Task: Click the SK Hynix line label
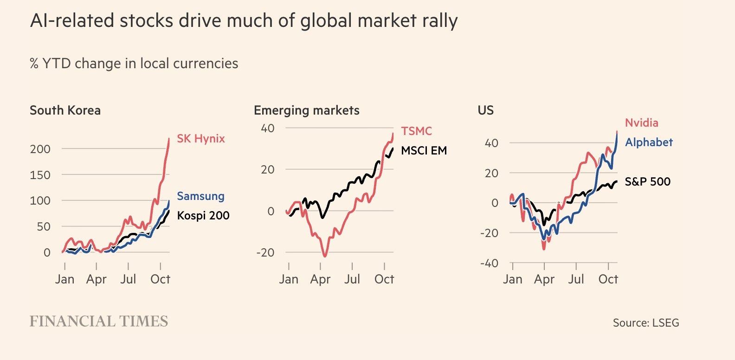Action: point(200,139)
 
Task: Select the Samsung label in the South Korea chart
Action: point(200,196)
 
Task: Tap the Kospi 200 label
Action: point(203,216)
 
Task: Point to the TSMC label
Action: point(416,131)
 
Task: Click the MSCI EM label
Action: point(424,151)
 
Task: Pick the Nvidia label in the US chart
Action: point(641,123)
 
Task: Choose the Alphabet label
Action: point(648,142)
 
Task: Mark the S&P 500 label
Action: point(647,182)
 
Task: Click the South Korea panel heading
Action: point(65,110)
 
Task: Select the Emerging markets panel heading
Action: point(306,110)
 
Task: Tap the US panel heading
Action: point(485,110)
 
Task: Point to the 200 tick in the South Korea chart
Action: point(40,149)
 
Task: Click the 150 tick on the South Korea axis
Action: point(40,175)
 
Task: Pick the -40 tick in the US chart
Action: point(489,264)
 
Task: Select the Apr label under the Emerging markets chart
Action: point(320,279)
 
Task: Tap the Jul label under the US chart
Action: point(576,279)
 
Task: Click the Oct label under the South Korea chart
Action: point(160,279)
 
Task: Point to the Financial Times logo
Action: point(99,321)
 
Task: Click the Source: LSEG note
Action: point(645,323)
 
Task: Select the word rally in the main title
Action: point(439,21)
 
